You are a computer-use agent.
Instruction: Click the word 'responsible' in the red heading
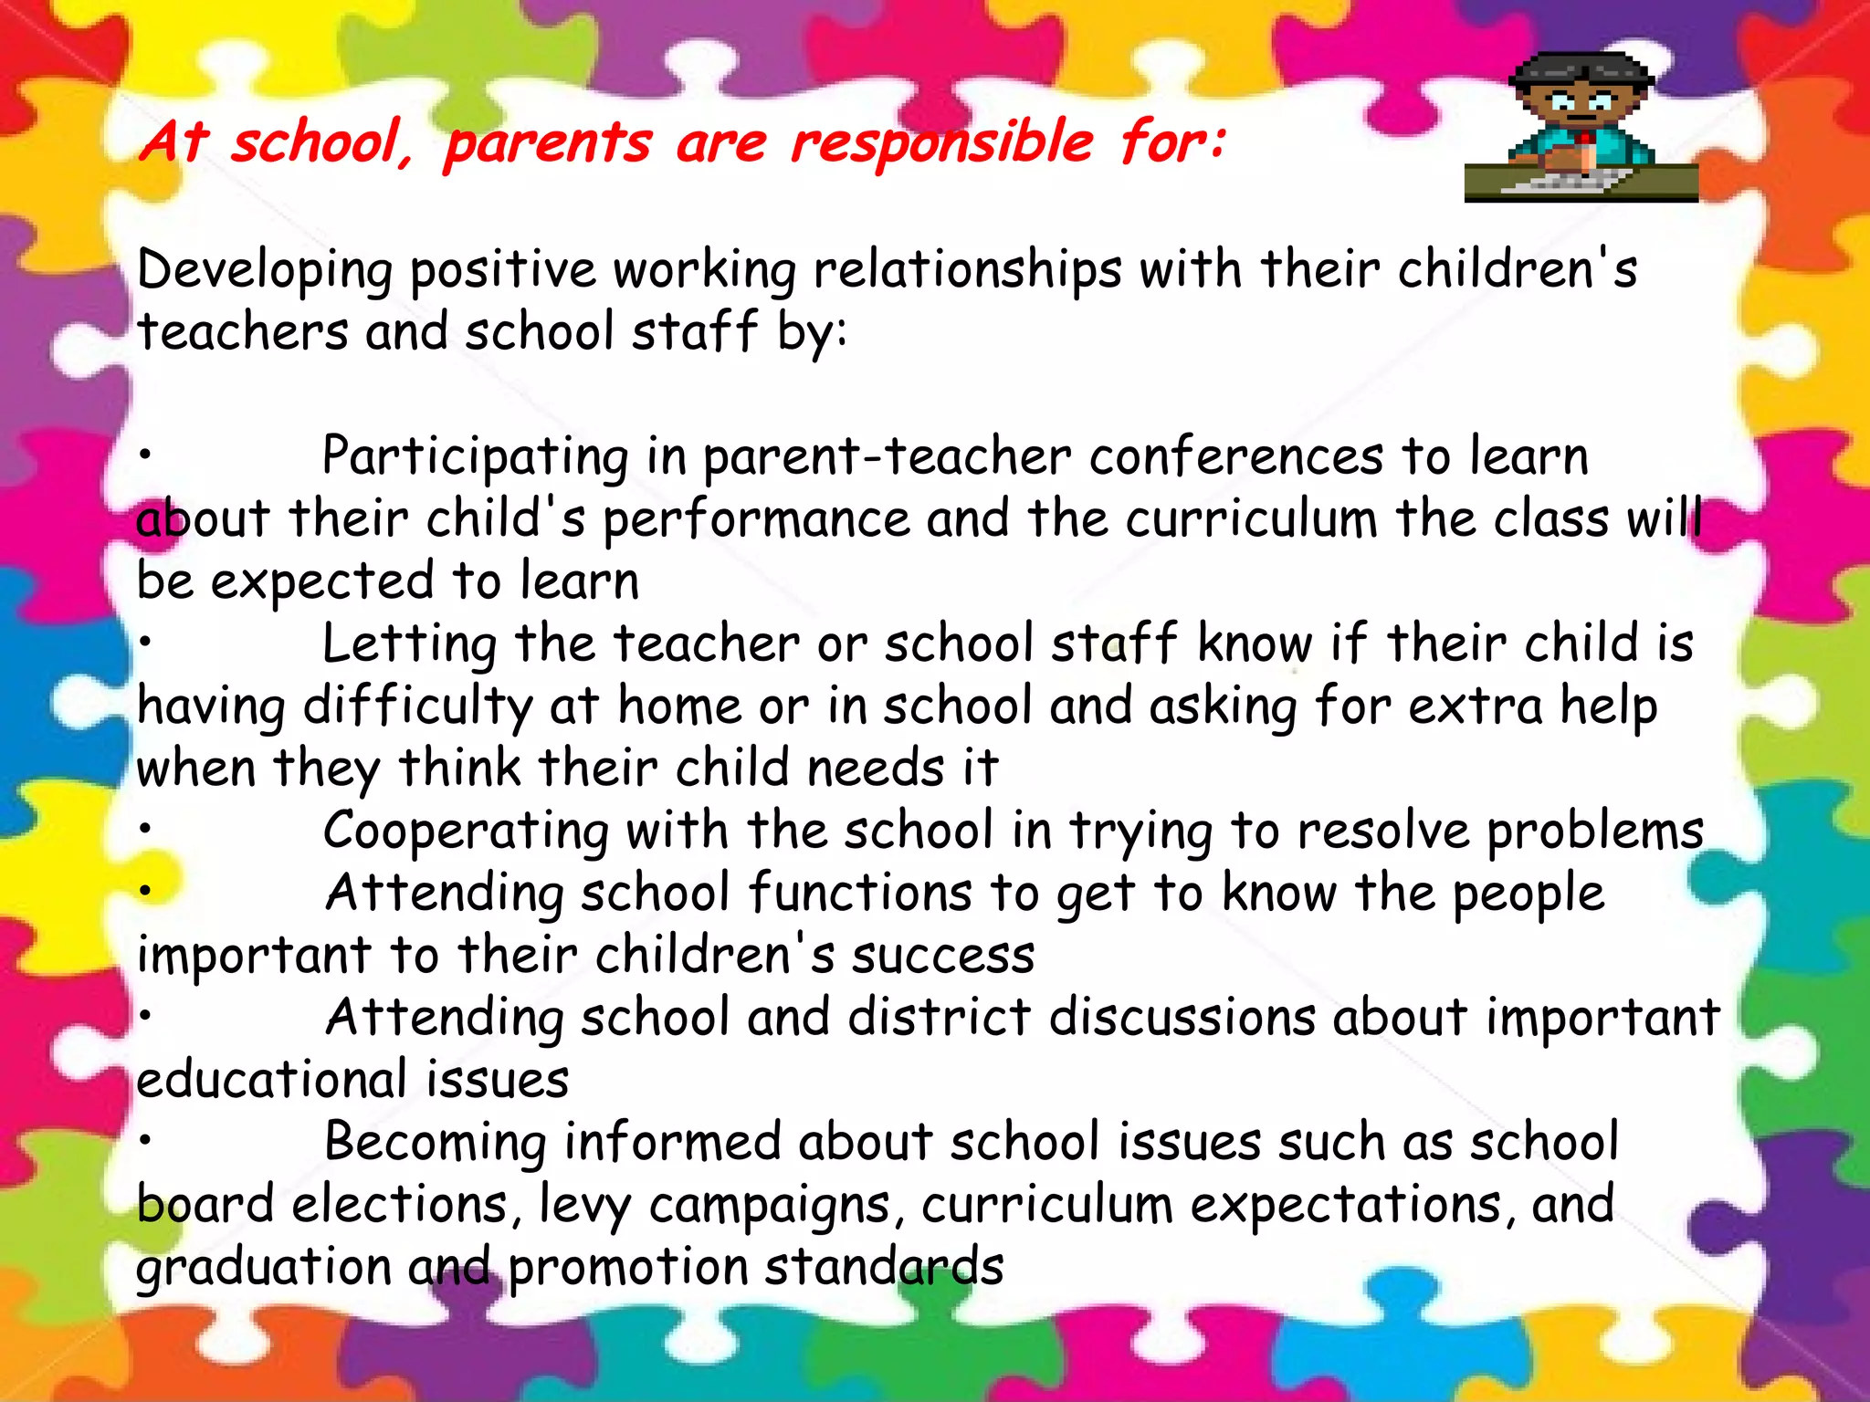coord(941,143)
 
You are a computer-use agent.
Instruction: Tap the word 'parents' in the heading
coord(548,144)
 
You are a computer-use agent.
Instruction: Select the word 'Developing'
coord(265,271)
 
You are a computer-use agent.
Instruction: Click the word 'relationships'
coord(967,271)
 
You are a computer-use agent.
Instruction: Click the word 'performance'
coord(756,520)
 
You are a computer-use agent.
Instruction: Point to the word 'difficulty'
coord(417,707)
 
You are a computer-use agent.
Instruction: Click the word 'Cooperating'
coord(466,832)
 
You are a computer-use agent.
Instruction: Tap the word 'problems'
coord(1595,832)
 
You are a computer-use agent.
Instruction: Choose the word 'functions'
coord(860,894)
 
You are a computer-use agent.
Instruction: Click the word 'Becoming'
coord(435,1143)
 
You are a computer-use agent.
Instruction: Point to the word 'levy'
coord(584,1206)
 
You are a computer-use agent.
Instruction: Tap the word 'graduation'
coord(264,1268)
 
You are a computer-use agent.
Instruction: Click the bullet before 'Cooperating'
coord(145,829)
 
